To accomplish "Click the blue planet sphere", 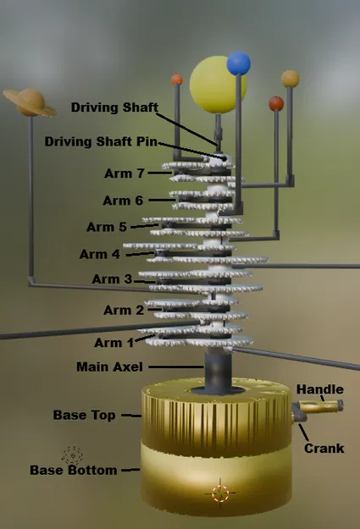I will click(x=239, y=63).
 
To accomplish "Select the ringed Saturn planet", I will click(x=30, y=102).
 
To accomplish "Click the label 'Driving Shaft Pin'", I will click(x=102, y=141).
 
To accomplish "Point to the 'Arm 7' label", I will click(x=124, y=173).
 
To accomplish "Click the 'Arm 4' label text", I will click(x=100, y=254).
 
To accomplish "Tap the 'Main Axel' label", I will click(x=110, y=367).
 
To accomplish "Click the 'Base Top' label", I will click(x=83, y=416).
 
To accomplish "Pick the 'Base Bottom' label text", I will click(x=73, y=470).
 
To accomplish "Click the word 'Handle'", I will click(x=320, y=389).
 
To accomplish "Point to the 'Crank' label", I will click(x=324, y=448).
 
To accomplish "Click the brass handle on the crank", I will click(x=324, y=408).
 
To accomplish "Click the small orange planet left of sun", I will click(x=177, y=80).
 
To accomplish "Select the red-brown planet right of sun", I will click(x=276, y=103).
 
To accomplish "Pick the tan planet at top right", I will click(x=290, y=79).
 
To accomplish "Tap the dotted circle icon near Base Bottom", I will click(x=71, y=455).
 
